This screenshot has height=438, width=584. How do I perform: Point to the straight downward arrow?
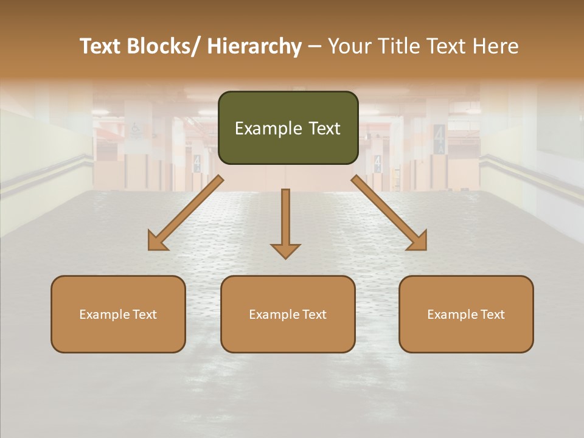point(285,219)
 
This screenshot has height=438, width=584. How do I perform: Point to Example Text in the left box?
point(118,315)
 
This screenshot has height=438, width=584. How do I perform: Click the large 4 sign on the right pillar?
point(439,134)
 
